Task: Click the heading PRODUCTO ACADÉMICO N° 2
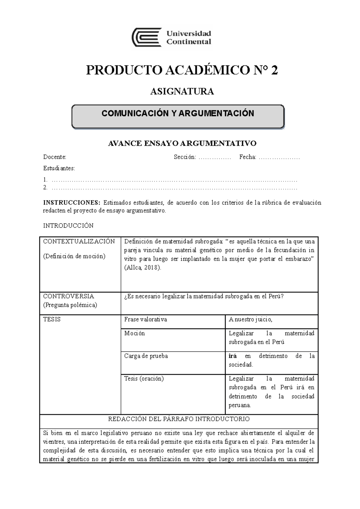click(x=182, y=70)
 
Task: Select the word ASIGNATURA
click(x=182, y=91)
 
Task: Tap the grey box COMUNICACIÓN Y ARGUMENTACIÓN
click(x=178, y=116)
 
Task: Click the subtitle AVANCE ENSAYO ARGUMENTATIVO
click(x=182, y=143)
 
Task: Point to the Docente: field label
click(x=55, y=157)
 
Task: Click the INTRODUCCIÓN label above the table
click(x=68, y=226)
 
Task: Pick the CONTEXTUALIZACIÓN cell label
click(x=79, y=242)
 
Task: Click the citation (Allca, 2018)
click(x=142, y=268)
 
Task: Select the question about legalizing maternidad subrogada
click(x=204, y=296)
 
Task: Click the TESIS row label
click(x=52, y=320)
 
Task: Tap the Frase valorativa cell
click(x=145, y=320)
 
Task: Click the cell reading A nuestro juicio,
click(x=250, y=320)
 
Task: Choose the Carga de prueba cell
click(x=146, y=356)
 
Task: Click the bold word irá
click(x=232, y=356)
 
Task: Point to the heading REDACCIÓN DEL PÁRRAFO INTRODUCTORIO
click(x=179, y=419)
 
